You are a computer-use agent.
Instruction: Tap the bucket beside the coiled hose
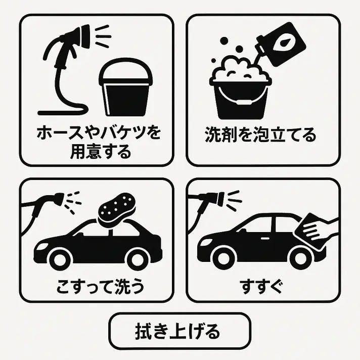point(125,87)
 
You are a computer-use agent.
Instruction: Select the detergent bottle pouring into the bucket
point(280,44)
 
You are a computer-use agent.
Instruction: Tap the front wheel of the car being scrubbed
point(60,259)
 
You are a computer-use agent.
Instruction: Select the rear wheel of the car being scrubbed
point(137,259)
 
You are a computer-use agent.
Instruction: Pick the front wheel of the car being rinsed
point(223,258)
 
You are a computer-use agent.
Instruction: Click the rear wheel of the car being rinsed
point(300,258)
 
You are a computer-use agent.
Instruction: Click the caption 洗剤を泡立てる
point(260,134)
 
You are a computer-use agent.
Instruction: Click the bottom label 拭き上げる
point(177,331)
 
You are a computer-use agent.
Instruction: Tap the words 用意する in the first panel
point(100,152)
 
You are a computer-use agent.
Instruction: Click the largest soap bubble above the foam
point(224,41)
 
